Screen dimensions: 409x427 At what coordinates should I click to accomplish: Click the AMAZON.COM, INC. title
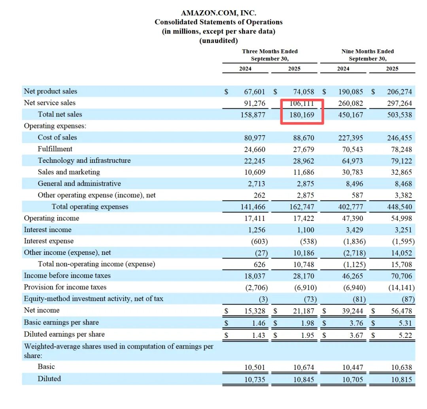click(x=218, y=13)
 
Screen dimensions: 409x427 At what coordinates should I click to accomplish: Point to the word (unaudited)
click(x=218, y=40)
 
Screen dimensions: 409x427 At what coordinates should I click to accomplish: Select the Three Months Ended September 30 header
click(x=270, y=55)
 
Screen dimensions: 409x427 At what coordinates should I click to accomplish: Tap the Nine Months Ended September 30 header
click(x=368, y=55)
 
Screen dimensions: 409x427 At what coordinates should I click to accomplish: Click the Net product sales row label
click(x=51, y=91)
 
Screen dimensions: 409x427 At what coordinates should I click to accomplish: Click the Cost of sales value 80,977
click(x=255, y=138)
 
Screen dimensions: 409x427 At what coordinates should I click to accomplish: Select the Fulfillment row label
click(x=55, y=149)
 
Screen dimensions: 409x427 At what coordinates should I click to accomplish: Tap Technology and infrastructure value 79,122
click(x=399, y=161)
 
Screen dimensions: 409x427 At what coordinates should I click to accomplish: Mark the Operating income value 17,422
click(x=304, y=219)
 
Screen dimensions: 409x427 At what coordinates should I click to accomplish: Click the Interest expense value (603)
click(x=259, y=241)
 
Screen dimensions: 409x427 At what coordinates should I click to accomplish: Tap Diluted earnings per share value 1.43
click(x=259, y=335)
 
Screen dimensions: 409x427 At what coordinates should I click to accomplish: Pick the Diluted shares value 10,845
click(x=304, y=379)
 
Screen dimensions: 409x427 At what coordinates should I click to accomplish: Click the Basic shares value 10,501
click(x=255, y=367)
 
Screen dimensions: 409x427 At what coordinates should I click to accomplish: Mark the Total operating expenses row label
click(x=90, y=207)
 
